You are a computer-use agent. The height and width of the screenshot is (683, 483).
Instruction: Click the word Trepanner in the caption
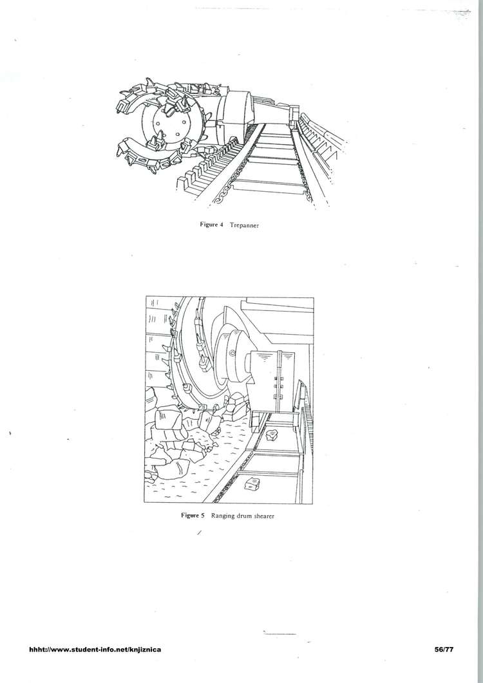tap(244, 225)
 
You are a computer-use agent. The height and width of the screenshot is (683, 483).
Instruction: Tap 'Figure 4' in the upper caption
tap(211, 225)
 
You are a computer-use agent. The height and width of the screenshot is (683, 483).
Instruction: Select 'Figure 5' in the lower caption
tap(193, 516)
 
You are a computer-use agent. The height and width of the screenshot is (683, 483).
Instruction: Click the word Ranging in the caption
tap(223, 516)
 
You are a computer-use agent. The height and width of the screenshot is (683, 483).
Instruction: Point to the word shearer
tap(264, 516)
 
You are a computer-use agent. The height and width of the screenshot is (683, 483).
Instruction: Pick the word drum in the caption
tap(244, 516)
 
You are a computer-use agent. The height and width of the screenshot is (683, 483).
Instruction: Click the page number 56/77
tap(444, 650)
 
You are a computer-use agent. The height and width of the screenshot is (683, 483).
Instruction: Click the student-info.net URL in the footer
tap(95, 650)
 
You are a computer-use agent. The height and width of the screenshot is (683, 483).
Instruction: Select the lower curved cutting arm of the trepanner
tap(148, 157)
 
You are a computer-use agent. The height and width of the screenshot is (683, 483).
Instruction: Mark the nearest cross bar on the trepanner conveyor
tap(266, 187)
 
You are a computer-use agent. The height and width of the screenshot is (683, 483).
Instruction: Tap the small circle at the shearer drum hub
tap(232, 353)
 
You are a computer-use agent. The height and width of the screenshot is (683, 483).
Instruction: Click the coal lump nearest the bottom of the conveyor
tap(252, 483)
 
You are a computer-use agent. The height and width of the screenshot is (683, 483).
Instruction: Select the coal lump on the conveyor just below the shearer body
tap(273, 435)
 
